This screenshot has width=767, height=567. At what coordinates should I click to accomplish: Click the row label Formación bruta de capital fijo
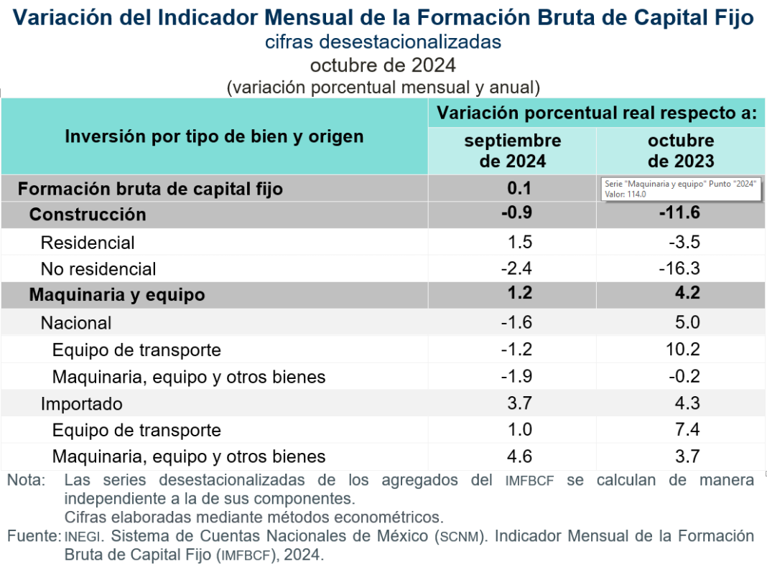click(150, 189)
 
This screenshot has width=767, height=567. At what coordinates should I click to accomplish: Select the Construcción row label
click(88, 215)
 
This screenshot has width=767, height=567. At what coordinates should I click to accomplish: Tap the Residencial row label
click(88, 243)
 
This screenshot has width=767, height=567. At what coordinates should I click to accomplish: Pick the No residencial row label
click(98, 269)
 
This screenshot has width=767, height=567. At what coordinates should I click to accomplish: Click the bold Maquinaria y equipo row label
click(117, 295)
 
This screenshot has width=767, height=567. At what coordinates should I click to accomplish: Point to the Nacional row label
click(76, 323)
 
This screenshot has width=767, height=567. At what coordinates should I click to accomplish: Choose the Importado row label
click(82, 404)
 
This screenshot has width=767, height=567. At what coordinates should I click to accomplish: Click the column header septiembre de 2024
click(512, 150)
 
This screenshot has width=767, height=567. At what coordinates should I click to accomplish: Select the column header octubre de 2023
click(681, 150)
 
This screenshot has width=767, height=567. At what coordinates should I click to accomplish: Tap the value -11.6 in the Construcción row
click(679, 213)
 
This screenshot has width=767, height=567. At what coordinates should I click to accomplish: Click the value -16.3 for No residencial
click(679, 269)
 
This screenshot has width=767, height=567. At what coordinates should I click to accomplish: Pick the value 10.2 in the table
click(682, 350)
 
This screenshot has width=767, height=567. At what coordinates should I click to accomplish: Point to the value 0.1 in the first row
click(519, 189)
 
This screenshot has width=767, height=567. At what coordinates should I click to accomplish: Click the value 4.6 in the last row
click(519, 456)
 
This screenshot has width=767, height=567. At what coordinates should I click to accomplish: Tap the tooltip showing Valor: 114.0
click(679, 189)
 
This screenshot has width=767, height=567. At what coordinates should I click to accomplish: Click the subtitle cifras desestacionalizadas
click(383, 42)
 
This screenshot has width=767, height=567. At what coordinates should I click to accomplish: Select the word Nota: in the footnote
click(27, 480)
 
